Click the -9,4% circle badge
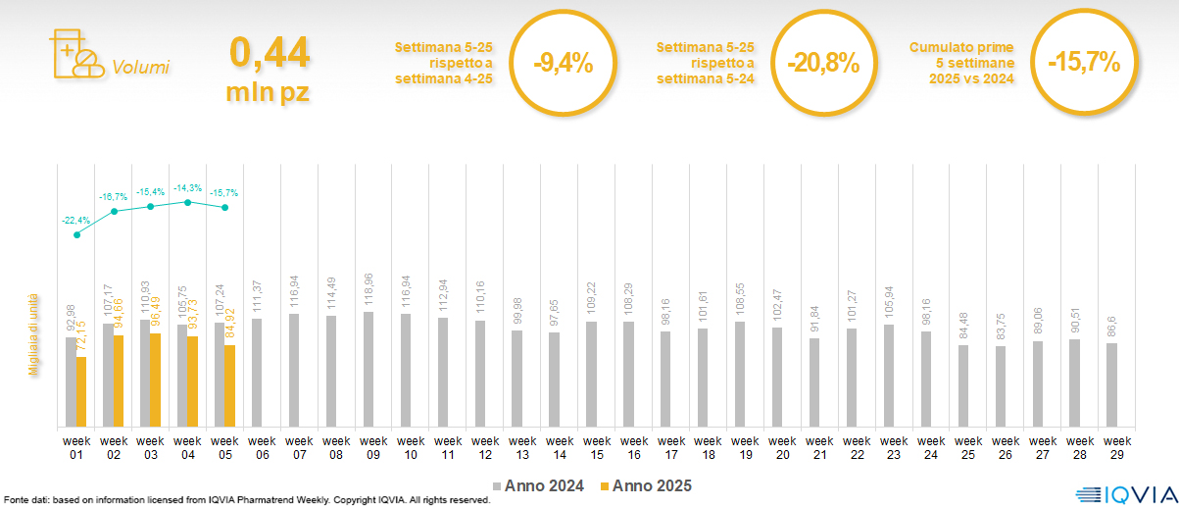[x=563, y=65]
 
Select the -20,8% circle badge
[x=823, y=65]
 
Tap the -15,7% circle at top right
[x=1083, y=63]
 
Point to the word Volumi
[x=140, y=68]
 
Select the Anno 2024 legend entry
[x=539, y=485]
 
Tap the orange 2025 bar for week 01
[x=81, y=391]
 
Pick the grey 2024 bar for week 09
[x=368, y=370]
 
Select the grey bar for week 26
[x=1000, y=386]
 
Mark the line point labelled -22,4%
[x=76, y=234]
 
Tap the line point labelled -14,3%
[x=188, y=202]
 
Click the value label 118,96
[x=368, y=294]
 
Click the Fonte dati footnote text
[x=246, y=500]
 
